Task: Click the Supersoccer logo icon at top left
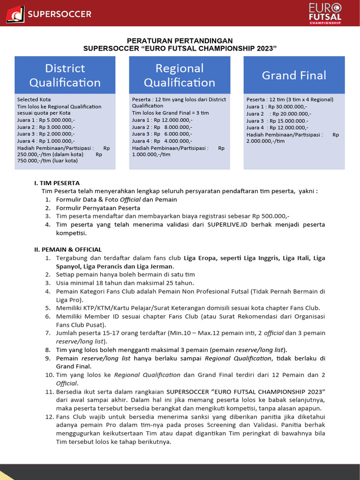(15, 14)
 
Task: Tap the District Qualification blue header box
(65, 75)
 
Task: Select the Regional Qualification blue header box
(180, 75)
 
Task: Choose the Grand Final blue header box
(294, 75)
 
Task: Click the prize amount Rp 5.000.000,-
(57, 120)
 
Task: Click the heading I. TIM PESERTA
(57, 183)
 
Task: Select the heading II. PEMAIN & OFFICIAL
(68, 249)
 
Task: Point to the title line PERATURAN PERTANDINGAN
(180, 41)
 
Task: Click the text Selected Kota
(34, 99)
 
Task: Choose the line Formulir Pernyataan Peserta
(98, 208)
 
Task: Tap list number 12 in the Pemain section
(50, 417)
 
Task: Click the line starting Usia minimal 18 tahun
(125, 283)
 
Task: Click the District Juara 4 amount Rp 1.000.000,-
(57, 141)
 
